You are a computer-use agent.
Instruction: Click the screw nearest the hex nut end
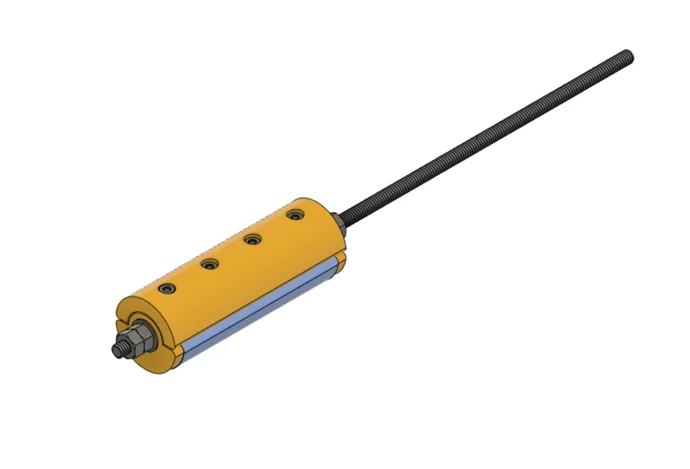click(167, 289)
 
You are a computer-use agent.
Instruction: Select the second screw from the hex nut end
click(210, 264)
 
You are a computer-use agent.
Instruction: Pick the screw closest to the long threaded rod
click(295, 215)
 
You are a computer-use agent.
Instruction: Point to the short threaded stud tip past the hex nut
click(118, 350)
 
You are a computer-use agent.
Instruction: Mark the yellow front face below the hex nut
click(153, 361)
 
